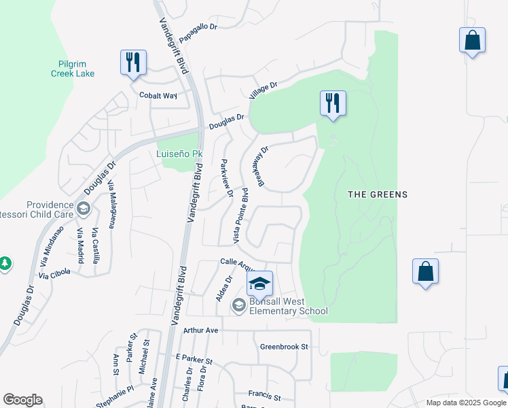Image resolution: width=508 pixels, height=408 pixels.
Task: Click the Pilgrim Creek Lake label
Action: tap(73, 69)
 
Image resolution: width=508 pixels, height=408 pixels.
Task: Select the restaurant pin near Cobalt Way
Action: tap(133, 63)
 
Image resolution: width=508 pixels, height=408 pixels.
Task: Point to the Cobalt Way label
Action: tap(158, 96)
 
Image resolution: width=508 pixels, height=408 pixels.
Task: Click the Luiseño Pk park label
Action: tap(180, 154)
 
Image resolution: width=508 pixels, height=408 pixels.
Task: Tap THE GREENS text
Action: tap(378, 194)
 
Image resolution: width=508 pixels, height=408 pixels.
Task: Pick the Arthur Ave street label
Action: tap(200, 330)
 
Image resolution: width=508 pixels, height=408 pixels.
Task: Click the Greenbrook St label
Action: tap(284, 346)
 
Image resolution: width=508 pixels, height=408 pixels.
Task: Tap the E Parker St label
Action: tap(194, 358)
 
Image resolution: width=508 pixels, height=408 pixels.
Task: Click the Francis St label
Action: tap(264, 394)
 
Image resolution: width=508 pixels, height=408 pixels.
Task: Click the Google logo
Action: tap(22, 400)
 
